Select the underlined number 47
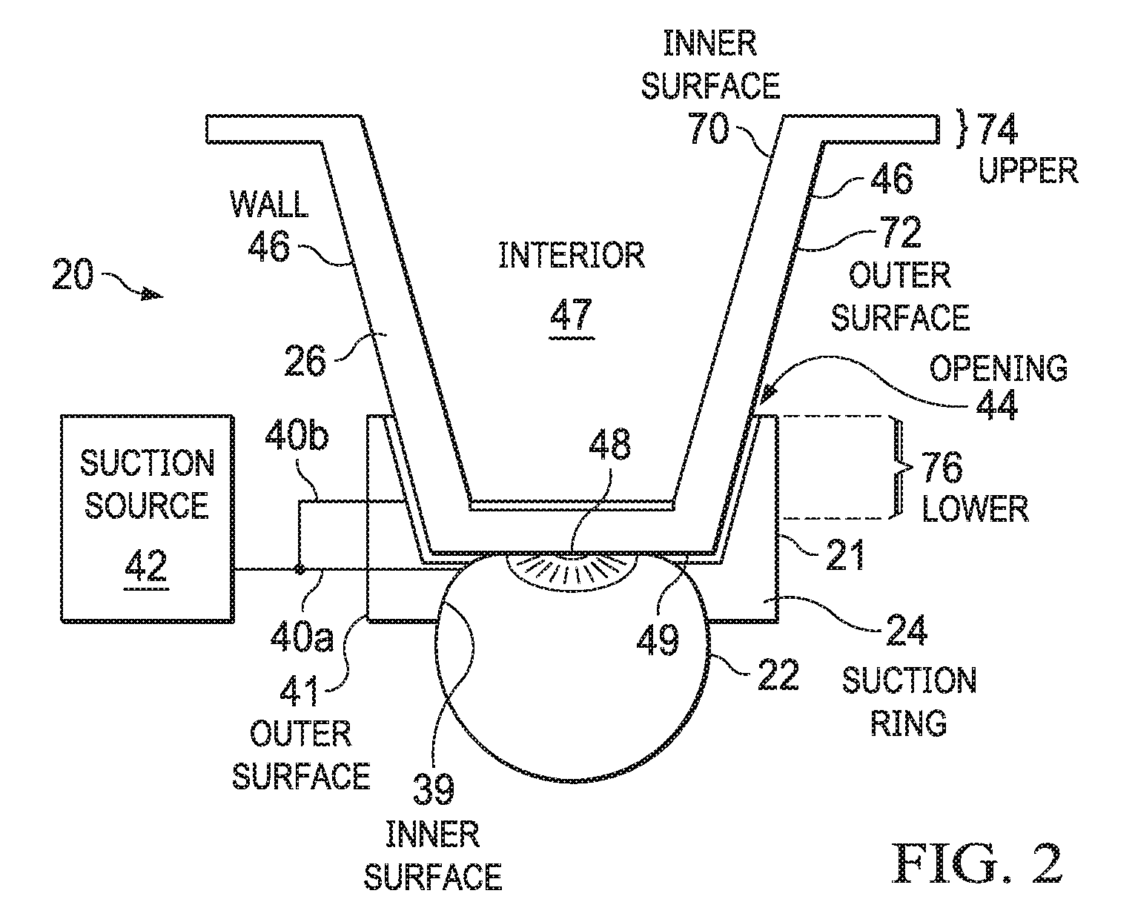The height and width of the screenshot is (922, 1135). point(572,314)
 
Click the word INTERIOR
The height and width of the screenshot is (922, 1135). point(572,255)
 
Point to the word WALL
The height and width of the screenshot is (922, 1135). point(269,204)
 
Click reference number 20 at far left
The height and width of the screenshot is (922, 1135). point(73,274)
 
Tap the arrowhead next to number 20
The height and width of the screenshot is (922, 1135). point(153,293)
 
